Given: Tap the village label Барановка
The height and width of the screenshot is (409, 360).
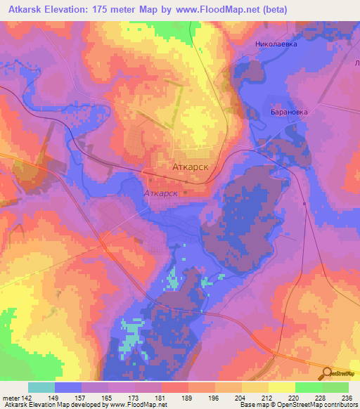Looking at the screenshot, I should coord(289,112).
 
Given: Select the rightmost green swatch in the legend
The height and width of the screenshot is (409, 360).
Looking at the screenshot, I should coord(335,387).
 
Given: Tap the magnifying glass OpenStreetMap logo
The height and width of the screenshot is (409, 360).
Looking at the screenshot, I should coord(326,375).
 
